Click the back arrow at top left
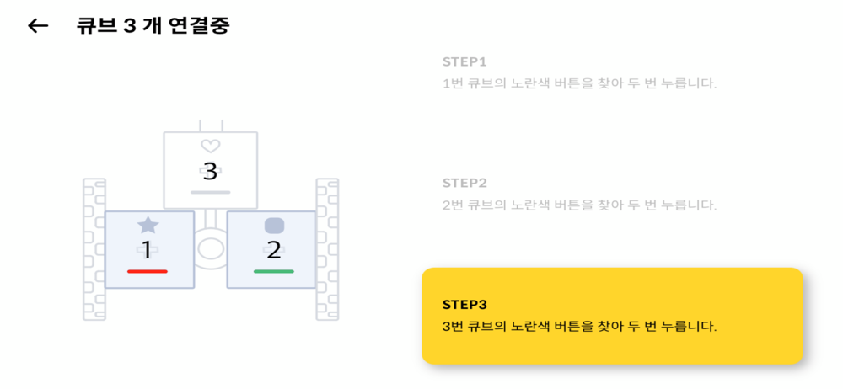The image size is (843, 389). click(x=38, y=25)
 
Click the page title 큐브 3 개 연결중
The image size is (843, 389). click(x=153, y=25)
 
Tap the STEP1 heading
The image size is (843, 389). click(x=464, y=61)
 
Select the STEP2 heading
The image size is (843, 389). click(x=464, y=183)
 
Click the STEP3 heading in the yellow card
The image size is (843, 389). click(x=464, y=304)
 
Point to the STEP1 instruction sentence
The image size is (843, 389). click(x=579, y=83)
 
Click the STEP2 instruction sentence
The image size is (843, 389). click(x=579, y=205)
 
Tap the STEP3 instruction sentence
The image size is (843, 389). click(x=579, y=326)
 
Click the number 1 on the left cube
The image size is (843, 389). click(x=147, y=250)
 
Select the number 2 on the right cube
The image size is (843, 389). click(x=273, y=250)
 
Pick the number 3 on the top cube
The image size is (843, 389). click(x=210, y=173)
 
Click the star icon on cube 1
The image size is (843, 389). click(x=148, y=225)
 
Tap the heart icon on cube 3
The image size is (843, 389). click(x=210, y=147)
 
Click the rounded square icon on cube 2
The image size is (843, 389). click(x=273, y=226)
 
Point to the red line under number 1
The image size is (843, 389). click(x=148, y=271)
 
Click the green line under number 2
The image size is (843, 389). click(x=273, y=271)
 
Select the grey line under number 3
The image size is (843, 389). click(x=210, y=193)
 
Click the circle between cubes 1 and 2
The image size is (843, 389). click(x=210, y=250)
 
